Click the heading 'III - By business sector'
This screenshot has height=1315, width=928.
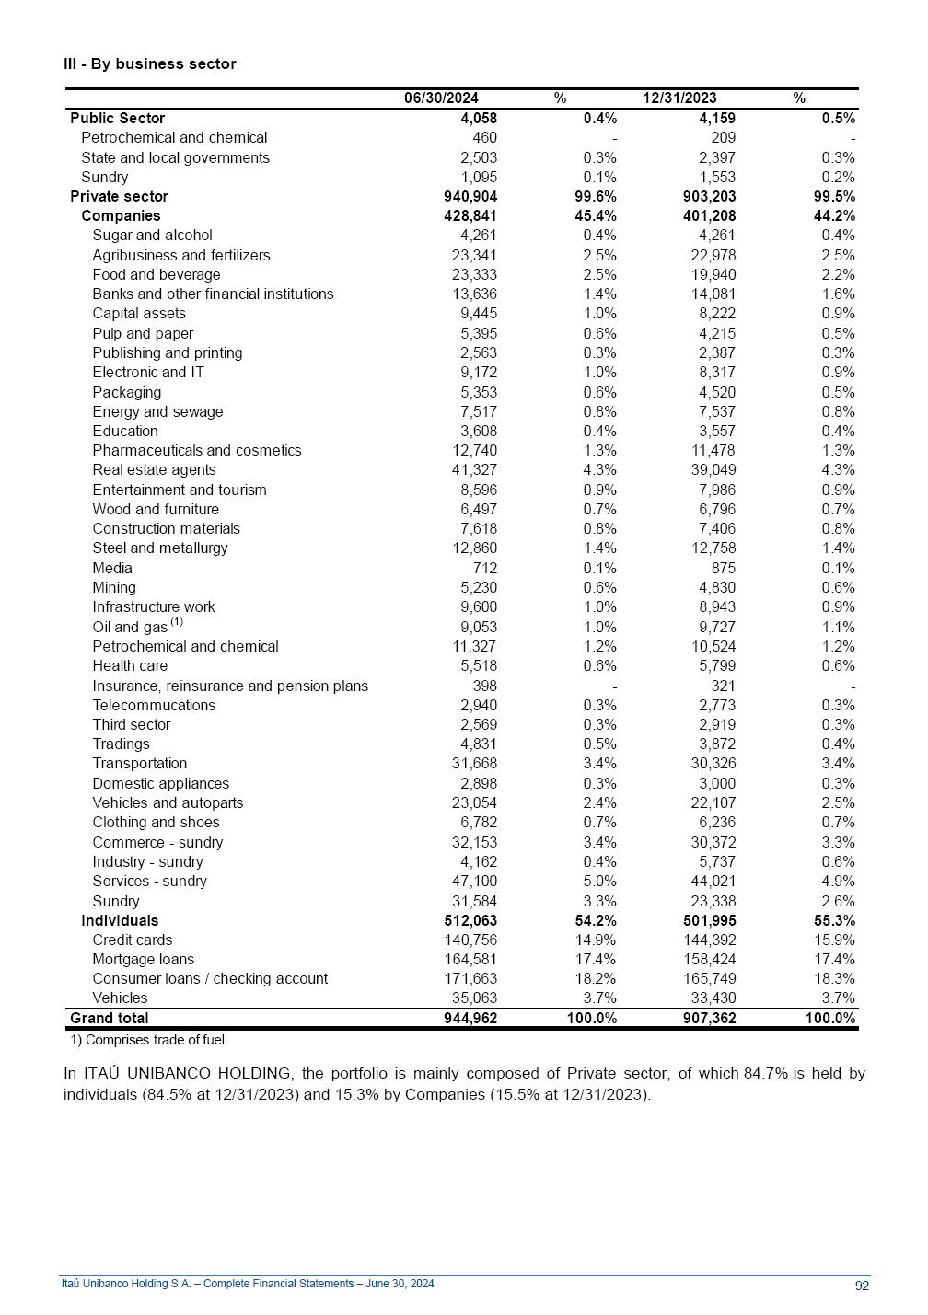coord(150,63)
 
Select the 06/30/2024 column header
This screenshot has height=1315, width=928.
coord(441,98)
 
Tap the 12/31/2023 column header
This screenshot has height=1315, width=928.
coord(679,98)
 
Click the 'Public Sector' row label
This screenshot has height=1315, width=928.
coord(118,118)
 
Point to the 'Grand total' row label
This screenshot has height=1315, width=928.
coord(109,1018)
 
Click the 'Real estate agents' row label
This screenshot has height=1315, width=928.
coord(154,469)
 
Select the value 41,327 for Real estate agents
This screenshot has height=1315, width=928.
coord(474,469)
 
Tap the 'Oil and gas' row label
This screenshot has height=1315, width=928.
coord(130,627)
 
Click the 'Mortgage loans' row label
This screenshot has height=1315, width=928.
coord(143,959)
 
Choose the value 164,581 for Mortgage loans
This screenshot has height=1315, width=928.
coord(470,959)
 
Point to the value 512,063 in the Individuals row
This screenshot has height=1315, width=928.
coord(470,920)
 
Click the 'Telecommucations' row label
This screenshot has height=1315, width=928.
coord(154,705)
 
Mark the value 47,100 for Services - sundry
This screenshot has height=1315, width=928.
coord(474,881)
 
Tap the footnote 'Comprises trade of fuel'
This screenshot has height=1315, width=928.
coord(149,1040)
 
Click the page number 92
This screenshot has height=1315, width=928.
coord(862,1286)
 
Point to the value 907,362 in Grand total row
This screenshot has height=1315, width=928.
coord(710,1018)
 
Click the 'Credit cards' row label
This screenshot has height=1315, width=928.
coord(132,940)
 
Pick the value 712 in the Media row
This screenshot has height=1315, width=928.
coord(484,568)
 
